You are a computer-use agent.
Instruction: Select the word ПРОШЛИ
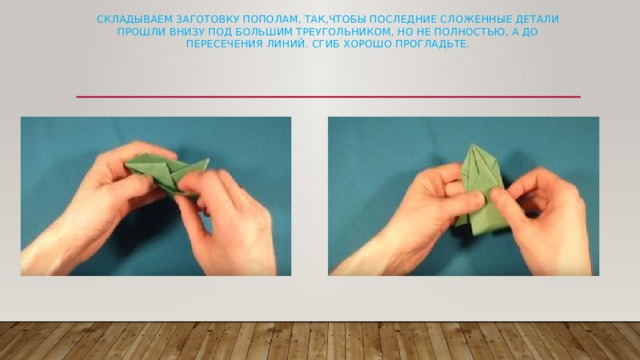tap(133, 32)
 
